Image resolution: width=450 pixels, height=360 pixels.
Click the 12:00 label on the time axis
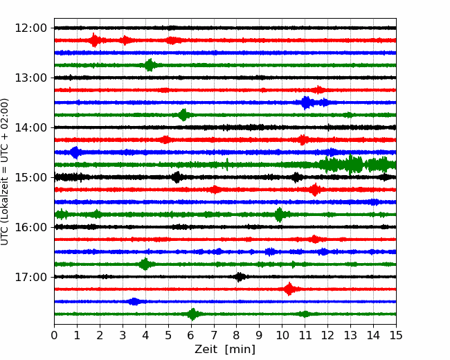pos(30,28)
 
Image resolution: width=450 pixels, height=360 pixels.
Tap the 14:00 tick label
pos(30,128)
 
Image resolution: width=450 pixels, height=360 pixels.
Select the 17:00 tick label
pos(30,277)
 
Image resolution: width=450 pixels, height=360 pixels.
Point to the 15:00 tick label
pos(30,177)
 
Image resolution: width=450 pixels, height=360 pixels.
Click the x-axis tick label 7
pos(214,335)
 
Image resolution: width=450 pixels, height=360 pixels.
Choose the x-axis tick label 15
pos(396,335)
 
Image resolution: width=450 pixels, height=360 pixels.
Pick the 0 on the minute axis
pos(54,335)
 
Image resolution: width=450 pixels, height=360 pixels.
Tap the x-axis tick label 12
pos(327,335)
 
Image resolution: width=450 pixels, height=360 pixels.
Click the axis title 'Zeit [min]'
pos(225,350)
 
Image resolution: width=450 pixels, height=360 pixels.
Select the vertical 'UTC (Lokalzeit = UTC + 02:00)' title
pos(5,172)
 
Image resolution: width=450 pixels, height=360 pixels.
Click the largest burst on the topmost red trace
pos(94,40)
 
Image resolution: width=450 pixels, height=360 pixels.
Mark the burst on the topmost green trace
pos(150,65)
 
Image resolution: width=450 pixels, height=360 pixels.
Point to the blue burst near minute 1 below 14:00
pos(75,152)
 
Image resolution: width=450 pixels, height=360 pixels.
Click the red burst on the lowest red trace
pos(289,289)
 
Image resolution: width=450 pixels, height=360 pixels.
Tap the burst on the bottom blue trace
pos(134,301)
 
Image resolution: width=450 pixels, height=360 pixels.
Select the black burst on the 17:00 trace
pos(240,277)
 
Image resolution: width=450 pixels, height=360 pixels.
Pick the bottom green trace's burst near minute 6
pos(193,314)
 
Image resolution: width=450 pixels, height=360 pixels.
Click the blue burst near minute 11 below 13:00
pos(306,102)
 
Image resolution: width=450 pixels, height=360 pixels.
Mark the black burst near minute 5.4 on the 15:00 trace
pos(177,177)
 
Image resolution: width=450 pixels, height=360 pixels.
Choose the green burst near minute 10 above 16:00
pos(279,215)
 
